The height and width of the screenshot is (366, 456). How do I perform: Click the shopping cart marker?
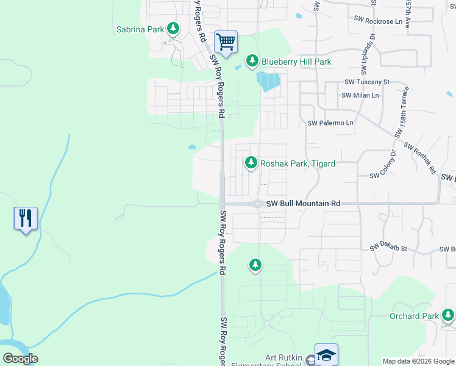[x=226, y=43]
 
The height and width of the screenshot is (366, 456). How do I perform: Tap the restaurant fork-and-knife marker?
[x=26, y=218]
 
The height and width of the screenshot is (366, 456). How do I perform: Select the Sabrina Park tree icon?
[x=173, y=29]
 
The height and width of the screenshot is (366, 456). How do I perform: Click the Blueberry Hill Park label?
[x=296, y=62]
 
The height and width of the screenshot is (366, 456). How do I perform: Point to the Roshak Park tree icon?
[x=251, y=163]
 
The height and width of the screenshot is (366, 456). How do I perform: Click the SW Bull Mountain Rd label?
[x=303, y=203]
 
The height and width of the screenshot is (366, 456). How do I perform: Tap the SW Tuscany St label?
[x=366, y=82]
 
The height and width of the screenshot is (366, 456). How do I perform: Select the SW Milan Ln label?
[x=360, y=95]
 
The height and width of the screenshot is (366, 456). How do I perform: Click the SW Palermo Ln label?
[x=330, y=123]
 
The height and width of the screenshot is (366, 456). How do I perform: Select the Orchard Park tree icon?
[x=448, y=315]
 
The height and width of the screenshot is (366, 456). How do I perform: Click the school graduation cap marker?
[x=327, y=354]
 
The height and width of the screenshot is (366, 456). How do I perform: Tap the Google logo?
[x=20, y=359]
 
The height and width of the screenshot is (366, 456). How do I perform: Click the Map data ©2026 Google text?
[x=418, y=361]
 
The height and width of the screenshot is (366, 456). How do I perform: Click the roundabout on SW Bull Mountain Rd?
[x=258, y=204]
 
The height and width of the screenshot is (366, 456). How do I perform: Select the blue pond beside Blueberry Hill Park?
[x=268, y=81]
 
